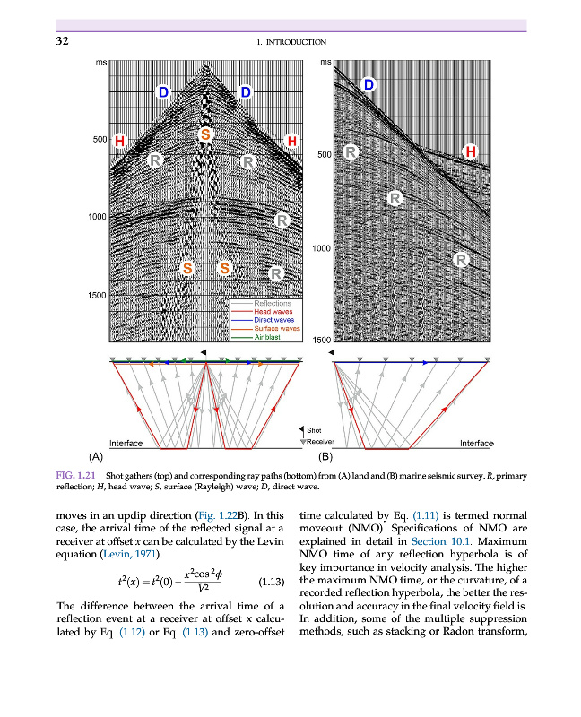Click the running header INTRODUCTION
click(x=290, y=42)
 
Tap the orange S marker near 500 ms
click(x=205, y=134)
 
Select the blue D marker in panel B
click(x=368, y=85)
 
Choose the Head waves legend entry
click(x=274, y=311)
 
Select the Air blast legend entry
click(x=270, y=337)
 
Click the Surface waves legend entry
click(x=277, y=328)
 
